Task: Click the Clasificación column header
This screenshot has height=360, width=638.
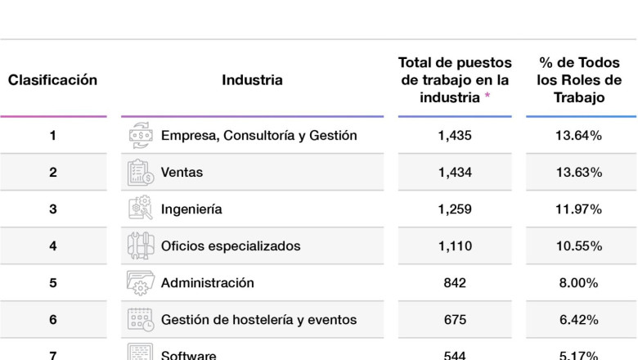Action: (52, 80)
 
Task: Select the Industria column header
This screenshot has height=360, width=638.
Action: (252, 80)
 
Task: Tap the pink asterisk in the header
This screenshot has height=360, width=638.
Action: (487, 97)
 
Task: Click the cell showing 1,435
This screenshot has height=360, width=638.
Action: (455, 136)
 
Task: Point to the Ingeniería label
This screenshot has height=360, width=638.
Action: (191, 209)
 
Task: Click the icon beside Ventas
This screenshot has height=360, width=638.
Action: (140, 173)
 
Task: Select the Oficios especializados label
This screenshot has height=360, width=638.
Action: (231, 246)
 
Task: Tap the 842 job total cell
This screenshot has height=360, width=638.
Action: (455, 283)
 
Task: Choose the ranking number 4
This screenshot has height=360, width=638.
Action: (53, 246)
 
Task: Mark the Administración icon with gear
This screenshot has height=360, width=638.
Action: (140, 283)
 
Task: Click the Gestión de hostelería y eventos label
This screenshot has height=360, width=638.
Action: (258, 320)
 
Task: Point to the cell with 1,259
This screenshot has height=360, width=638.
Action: (455, 209)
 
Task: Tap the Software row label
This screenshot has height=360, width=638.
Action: (189, 355)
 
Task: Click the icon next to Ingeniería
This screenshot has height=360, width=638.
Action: (140, 209)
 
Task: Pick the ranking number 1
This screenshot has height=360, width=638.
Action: (53, 136)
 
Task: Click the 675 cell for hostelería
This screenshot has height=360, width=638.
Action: (455, 320)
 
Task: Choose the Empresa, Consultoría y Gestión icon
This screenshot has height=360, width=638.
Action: (140, 136)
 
